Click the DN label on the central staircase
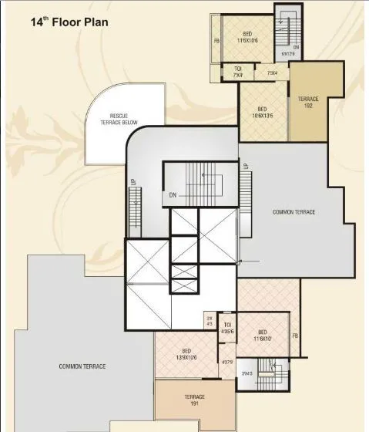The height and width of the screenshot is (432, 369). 174,196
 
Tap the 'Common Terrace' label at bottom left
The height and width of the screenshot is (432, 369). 82,366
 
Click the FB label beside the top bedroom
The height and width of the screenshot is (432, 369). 217,40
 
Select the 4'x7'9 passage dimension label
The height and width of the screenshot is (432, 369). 227,361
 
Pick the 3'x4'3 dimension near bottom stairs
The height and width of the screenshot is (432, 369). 247,373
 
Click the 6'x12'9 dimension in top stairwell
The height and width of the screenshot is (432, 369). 288,54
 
